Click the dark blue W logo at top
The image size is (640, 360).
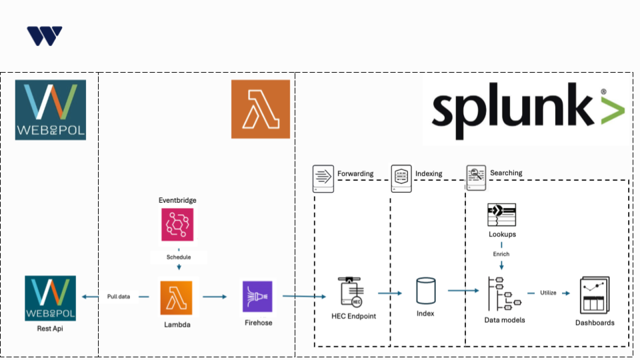pos(45,36)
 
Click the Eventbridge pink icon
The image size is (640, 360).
pos(177,224)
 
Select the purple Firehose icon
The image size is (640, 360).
pos(257,297)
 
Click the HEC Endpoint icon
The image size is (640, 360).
pos(353,291)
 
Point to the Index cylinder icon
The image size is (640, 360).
pos(425,291)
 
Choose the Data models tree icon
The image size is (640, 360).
pos(503,293)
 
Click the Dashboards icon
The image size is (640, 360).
pos(594,295)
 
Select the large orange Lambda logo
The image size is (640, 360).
pos(261,109)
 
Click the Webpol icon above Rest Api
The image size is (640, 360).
pos(51,298)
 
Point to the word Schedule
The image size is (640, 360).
pos(178,257)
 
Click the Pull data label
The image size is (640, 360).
pos(119,297)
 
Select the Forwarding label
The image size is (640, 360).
pos(355,173)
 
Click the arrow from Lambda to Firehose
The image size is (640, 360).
pos(215,297)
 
